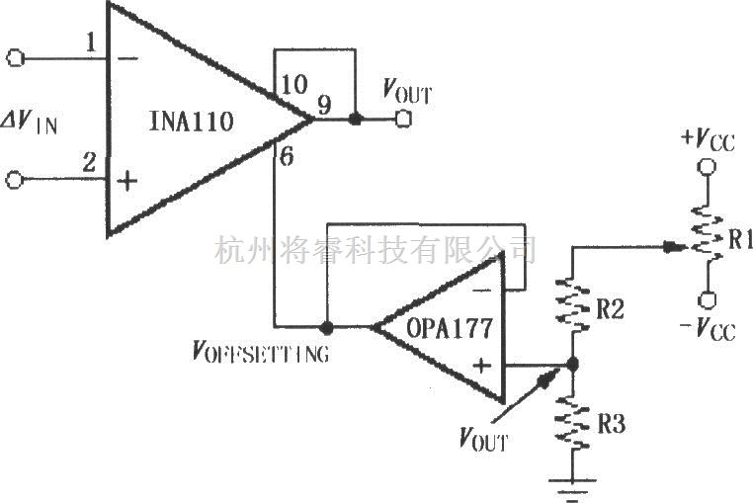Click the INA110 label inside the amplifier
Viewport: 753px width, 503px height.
[192, 123]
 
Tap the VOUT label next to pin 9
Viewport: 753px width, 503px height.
[406, 93]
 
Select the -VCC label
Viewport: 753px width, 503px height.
[706, 330]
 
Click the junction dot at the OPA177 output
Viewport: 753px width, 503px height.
[326, 325]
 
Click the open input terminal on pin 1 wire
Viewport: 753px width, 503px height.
[16, 58]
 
